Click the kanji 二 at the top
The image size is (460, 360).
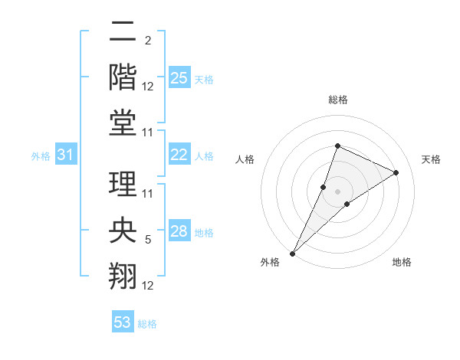coord(123,34)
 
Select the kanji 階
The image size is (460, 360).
coord(123,77)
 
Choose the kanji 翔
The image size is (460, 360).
coord(123,275)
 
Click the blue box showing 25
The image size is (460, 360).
coord(179,78)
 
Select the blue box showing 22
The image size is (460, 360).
coord(179,155)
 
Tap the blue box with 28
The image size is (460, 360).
coord(179,231)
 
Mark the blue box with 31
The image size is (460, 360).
coord(65,155)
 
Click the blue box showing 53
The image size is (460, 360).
coord(122,322)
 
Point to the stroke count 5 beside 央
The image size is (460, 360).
coord(148,240)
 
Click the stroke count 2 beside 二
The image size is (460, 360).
coord(148,41)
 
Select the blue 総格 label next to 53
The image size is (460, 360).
coord(147,324)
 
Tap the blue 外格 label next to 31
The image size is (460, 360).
coord(41,156)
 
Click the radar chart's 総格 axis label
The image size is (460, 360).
coord(337,100)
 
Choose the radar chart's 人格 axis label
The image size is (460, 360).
coord(245,159)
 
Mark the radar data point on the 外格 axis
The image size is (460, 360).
coord(292,254)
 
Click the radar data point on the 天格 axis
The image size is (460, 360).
coord(396,172)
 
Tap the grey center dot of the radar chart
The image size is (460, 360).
coord(337,191)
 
